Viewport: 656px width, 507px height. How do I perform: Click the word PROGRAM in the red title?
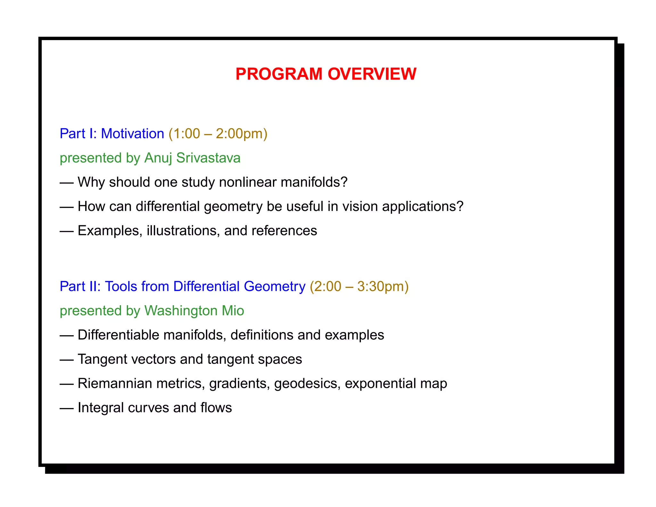279,74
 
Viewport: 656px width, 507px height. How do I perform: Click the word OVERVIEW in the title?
372,74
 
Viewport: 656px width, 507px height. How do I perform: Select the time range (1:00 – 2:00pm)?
218,134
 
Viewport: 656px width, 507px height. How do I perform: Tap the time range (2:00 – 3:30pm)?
359,287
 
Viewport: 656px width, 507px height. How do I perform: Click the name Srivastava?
208,158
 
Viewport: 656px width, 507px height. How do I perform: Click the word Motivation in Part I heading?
132,134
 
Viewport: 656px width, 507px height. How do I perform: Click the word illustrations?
183,231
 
